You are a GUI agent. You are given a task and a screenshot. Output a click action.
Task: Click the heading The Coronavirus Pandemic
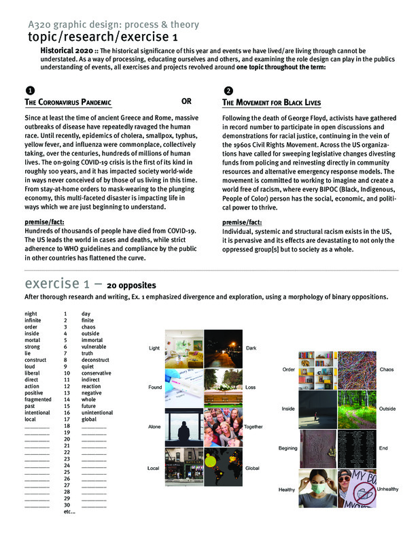click(x=68, y=103)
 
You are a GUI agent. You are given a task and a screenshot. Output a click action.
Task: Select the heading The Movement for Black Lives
click(x=272, y=103)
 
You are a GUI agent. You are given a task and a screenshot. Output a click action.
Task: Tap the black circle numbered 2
click(x=228, y=90)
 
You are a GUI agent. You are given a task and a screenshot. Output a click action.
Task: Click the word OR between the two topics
click(x=186, y=101)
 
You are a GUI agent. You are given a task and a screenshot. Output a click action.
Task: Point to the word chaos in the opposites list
click(x=90, y=326)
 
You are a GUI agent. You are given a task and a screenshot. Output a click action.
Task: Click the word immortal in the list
click(x=94, y=340)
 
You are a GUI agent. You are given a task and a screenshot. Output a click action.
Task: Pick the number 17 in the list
click(x=67, y=419)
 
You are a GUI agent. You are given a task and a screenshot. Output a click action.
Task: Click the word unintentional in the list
click(x=97, y=412)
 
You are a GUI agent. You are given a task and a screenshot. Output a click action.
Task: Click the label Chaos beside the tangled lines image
click(x=386, y=369)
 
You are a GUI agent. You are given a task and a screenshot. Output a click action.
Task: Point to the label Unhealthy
click(x=388, y=489)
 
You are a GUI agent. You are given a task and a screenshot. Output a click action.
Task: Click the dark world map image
click(x=223, y=467)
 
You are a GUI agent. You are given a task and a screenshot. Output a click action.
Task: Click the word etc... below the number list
click(x=69, y=511)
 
